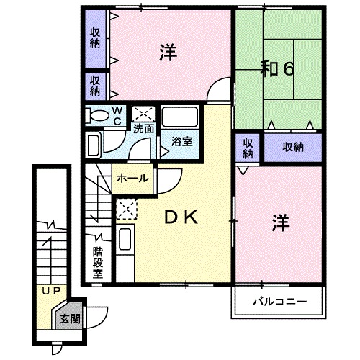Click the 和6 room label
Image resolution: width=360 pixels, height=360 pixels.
[276, 69]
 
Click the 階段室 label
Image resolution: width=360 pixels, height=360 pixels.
[98, 263]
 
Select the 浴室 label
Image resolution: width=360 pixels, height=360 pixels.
[181, 142]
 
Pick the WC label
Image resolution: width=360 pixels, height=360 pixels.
[117, 116]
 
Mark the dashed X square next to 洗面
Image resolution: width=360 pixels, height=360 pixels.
[144, 114]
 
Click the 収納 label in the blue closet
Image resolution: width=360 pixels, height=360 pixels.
[292, 147]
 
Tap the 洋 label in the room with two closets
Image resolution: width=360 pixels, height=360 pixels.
[168, 53]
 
